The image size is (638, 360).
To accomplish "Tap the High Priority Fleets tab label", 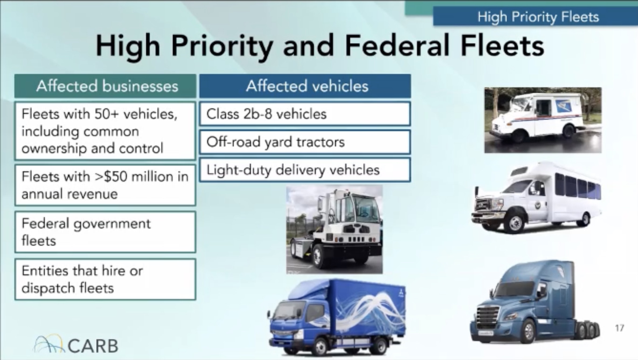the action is point(538,17).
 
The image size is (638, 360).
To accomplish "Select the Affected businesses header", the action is point(105,86).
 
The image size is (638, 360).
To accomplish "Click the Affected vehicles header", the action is point(305,86).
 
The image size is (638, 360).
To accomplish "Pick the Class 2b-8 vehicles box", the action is point(305,114).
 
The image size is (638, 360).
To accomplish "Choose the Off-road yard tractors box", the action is point(305,142).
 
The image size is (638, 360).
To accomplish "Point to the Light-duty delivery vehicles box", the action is point(305,170).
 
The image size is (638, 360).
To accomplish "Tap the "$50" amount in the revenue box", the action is point(115,176).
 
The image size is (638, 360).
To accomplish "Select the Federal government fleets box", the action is point(105,232).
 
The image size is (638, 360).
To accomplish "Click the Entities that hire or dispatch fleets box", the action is point(105,279).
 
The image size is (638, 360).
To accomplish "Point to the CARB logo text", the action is point(93,346).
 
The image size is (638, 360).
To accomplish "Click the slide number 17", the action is point(620,328).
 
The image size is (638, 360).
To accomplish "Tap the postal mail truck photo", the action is point(543,120).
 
